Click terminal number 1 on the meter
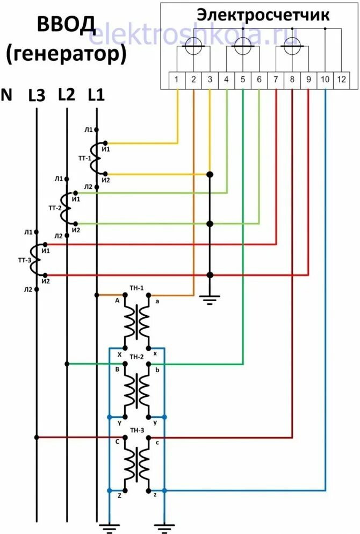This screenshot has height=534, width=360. [x=177, y=80]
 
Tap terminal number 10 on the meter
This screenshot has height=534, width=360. [x=325, y=80]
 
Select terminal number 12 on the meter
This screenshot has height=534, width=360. [x=342, y=80]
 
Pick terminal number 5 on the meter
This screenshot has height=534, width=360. [x=243, y=80]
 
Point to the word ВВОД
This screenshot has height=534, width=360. [x=66, y=24]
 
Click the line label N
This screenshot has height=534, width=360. [x=6, y=95]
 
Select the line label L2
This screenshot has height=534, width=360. [x=67, y=95]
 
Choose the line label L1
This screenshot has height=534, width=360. [x=96, y=95]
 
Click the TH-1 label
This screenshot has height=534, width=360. [x=136, y=288]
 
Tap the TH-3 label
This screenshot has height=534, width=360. [x=136, y=429]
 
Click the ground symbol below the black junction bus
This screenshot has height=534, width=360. [x=210, y=300]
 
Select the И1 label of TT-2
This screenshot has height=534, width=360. [x=76, y=200]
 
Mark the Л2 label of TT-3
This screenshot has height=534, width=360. [x=28, y=289]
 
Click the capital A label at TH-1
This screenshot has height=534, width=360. [x=117, y=301]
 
